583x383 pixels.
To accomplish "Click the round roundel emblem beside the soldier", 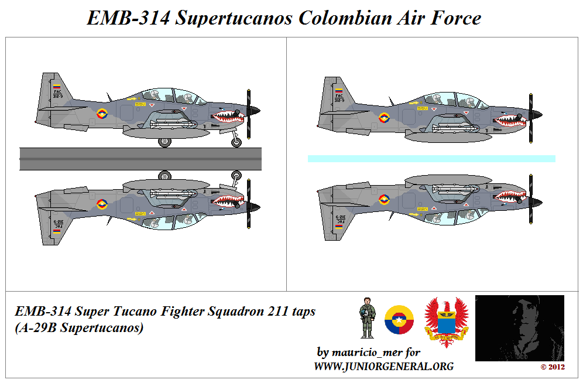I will (399, 320).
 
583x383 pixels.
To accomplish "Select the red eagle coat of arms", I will (447, 322).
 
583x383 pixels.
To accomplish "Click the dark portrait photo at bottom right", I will (519, 328).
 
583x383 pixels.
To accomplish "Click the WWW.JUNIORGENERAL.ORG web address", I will (383, 367).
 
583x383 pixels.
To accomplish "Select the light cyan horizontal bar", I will (431, 159).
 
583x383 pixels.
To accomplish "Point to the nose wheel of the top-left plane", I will (236, 142).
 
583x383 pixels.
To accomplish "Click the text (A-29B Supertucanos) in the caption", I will (79, 328).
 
